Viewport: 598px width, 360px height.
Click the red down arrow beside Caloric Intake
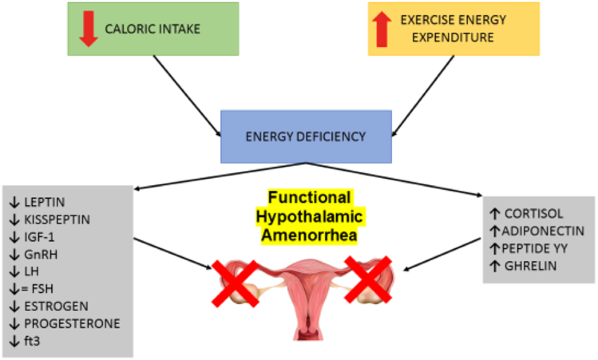(88, 29)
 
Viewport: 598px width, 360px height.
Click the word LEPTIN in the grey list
(44, 203)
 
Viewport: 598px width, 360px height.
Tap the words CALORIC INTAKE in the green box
(152, 28)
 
